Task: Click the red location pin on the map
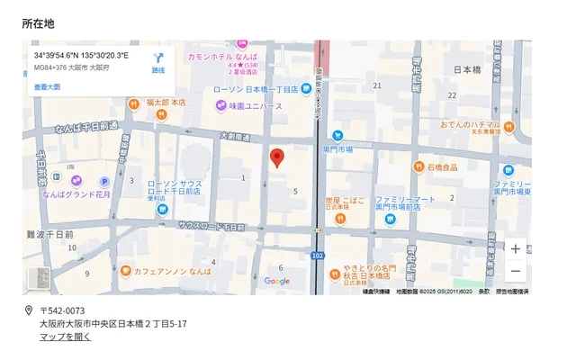point(277,157)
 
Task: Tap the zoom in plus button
point(515,249)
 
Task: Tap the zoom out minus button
point(515,271)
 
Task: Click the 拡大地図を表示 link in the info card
point(47,87)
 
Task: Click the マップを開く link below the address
point(65,337)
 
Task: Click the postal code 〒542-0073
point(62,310)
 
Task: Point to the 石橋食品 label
point(441,167)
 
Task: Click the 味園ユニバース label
point(255,106)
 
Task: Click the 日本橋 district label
point(467,69)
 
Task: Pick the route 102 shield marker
point(318,255)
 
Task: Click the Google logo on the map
point(277,282)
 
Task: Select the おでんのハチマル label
point(470,124)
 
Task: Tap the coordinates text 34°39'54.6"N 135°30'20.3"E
point(81,56)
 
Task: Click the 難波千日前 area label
point(50,234)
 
